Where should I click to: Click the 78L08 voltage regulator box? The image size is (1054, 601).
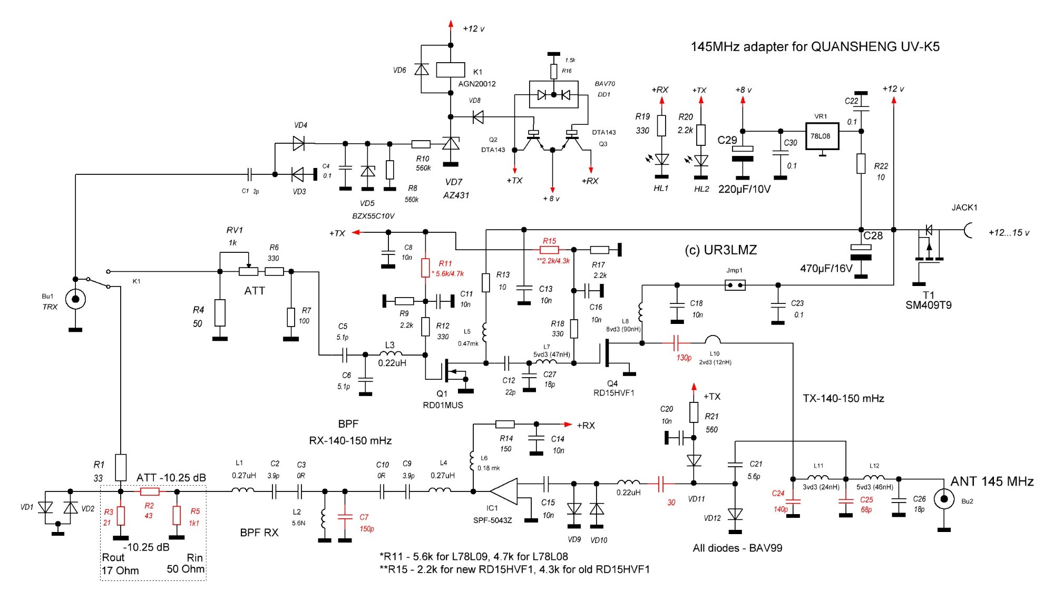821,136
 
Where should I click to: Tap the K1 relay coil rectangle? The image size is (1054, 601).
451,70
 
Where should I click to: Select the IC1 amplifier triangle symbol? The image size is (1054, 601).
503,491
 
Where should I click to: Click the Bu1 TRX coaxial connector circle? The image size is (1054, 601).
75,299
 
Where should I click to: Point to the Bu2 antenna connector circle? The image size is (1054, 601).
944,498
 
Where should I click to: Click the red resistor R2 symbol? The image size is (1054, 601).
150,491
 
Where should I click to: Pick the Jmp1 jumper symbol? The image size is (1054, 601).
735,285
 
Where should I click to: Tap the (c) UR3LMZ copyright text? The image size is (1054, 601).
720,250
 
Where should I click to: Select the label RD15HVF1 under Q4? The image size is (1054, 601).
613,393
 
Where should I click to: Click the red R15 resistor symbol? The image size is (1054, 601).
549,250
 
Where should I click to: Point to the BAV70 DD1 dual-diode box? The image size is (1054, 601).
553,95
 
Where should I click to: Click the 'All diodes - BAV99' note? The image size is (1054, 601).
737,548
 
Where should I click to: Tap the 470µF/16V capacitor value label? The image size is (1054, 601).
826,269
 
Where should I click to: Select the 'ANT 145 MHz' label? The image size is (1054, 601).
991,481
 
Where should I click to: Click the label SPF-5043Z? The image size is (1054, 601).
492,520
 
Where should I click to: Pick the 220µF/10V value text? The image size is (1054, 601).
744,189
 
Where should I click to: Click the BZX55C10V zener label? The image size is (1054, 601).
373,216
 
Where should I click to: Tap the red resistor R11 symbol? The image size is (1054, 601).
425,268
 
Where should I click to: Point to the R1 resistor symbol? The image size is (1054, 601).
121,467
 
